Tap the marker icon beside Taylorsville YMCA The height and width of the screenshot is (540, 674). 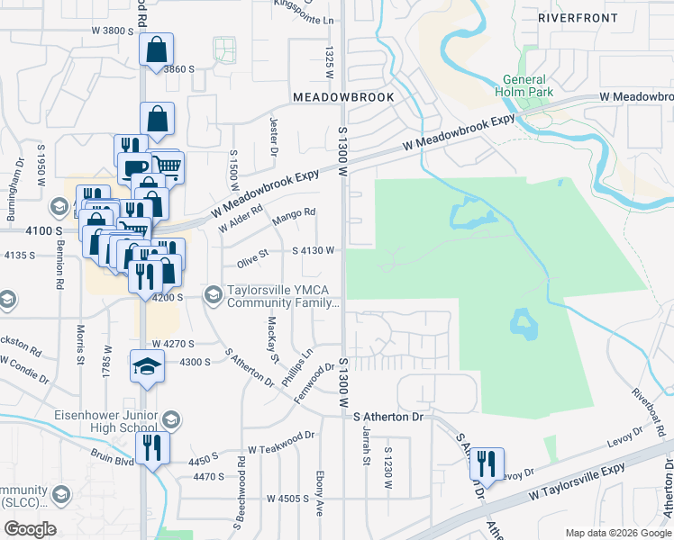tap(214, 294)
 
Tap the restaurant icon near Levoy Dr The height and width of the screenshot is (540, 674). tap(486, 463)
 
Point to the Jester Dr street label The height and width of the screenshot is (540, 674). tap(272, 135)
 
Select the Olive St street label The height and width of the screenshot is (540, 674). tap(253, 257)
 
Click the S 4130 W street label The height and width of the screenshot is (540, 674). tap(314, 250)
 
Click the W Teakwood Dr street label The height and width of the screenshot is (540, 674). tap(282, 441)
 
